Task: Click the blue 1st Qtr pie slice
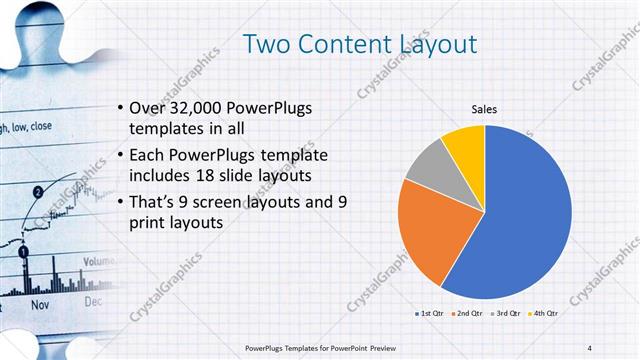525,215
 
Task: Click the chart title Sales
484,109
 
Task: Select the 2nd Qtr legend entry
468,314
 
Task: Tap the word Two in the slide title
267,43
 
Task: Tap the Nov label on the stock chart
41,302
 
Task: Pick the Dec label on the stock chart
93,300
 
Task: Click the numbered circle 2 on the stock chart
37,190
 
